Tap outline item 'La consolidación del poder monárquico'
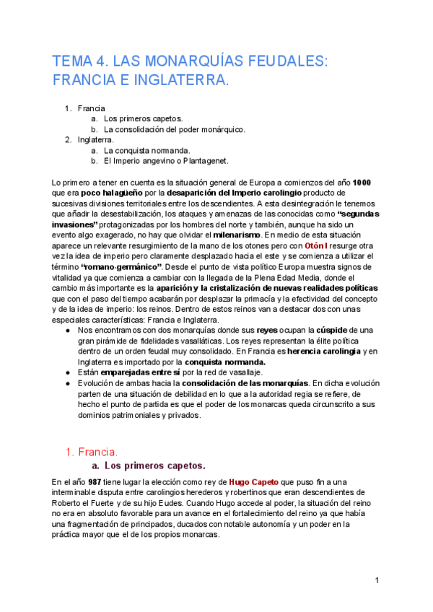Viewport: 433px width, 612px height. coord(175,129)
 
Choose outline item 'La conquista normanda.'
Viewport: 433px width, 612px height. coord(144,150)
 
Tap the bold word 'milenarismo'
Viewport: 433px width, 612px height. coord(237,235)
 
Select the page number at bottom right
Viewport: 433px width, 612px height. coord(377,580)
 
